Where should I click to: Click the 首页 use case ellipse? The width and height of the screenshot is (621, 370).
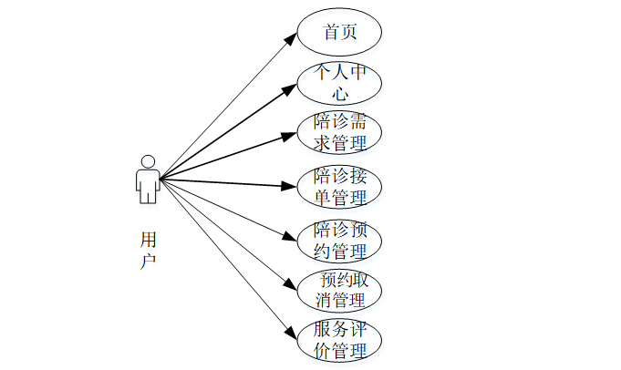coord(339,32)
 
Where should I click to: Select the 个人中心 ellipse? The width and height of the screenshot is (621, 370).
coord(339,82)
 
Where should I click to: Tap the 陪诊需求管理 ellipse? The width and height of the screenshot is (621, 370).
coord(339,132)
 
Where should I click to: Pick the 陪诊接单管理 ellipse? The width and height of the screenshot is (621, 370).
coord(339,186)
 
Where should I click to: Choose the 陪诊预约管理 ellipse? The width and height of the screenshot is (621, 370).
coord(339,240)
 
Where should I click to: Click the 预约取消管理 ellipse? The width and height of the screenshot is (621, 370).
coord(339,290)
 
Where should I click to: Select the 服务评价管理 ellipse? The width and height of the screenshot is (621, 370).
coord(339,339)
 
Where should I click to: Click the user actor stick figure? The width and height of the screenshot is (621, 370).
coord(148,180)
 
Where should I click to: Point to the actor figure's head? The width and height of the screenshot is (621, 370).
coord(148,161)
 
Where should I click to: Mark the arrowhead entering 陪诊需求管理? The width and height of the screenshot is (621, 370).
coord(292,137)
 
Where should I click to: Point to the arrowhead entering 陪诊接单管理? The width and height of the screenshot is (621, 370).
coord(292,187)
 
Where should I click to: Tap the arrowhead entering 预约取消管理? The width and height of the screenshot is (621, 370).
coord(293,286)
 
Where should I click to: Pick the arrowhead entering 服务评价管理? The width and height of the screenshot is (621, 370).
coord(293,335)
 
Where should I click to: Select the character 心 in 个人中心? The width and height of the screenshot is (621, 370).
coord(340,93)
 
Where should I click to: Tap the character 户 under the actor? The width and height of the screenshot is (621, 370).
coord(148,261)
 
